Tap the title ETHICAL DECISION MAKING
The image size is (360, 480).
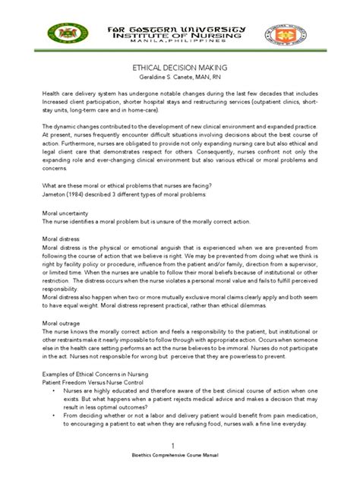[x=180, y=67]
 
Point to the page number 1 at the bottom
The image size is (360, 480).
[x=180, y=444]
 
